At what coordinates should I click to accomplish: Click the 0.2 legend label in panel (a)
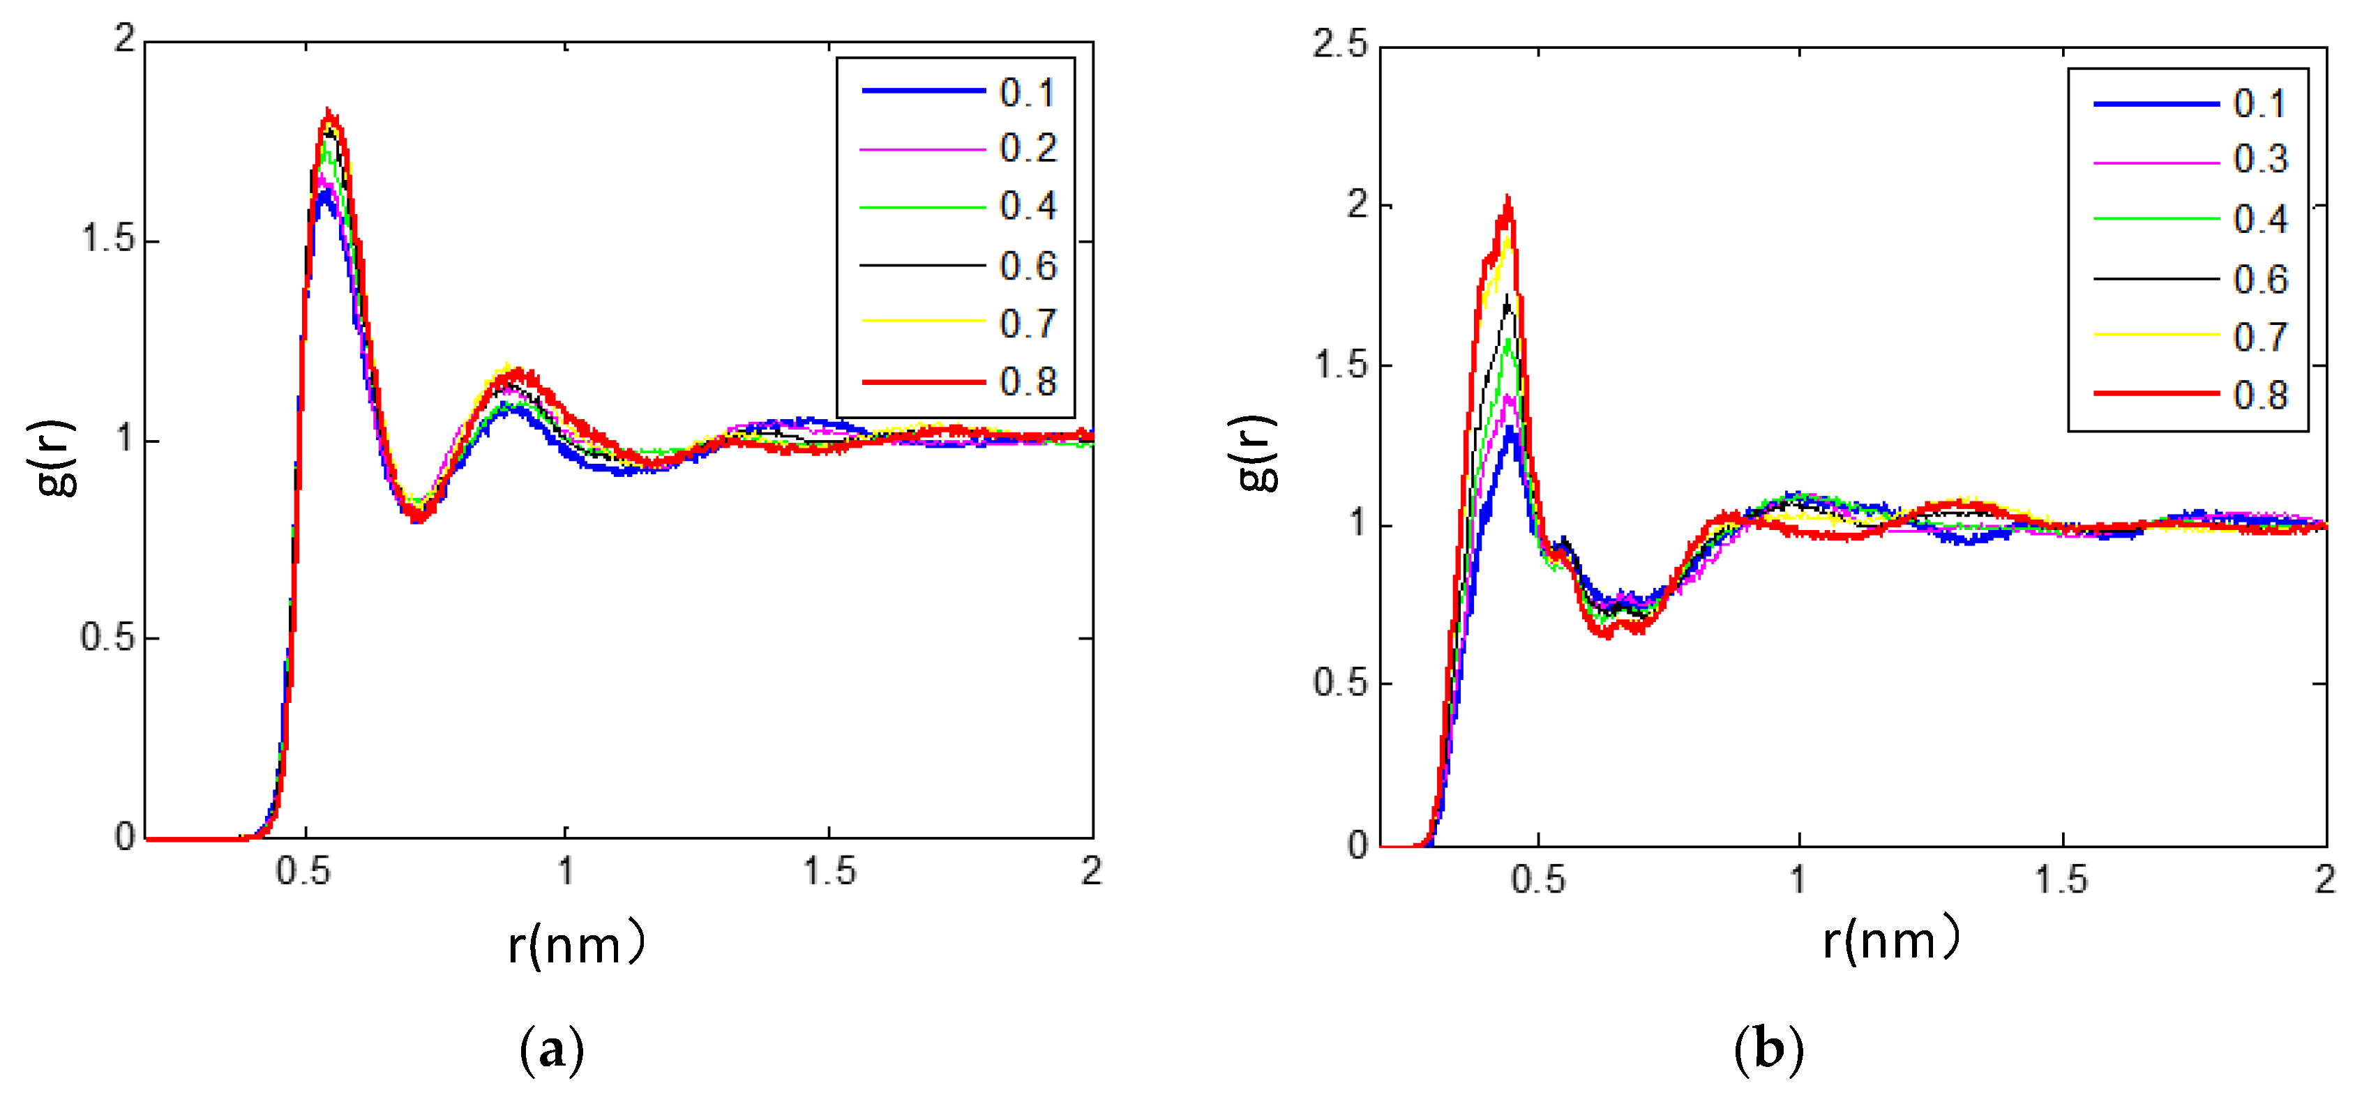tap(1028, 149)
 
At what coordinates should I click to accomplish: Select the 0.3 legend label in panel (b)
tap(2260, 160)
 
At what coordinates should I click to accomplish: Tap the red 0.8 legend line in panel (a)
tap(924, 382)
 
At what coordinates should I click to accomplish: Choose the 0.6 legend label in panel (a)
tap(1028, 266)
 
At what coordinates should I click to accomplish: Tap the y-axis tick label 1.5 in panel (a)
tap(108, 239)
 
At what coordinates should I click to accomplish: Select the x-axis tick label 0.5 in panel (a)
tap(303, 870)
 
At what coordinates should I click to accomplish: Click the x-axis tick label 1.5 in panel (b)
tap(2061, 880)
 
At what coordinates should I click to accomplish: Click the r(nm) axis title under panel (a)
tap(576, 944)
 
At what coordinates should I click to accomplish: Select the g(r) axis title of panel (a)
tap(57, 458)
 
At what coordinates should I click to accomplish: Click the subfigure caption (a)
tap(551, 1050)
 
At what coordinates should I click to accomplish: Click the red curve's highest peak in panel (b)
tap(1507, 199)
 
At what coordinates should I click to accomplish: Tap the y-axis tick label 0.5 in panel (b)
tap(1339, 683)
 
